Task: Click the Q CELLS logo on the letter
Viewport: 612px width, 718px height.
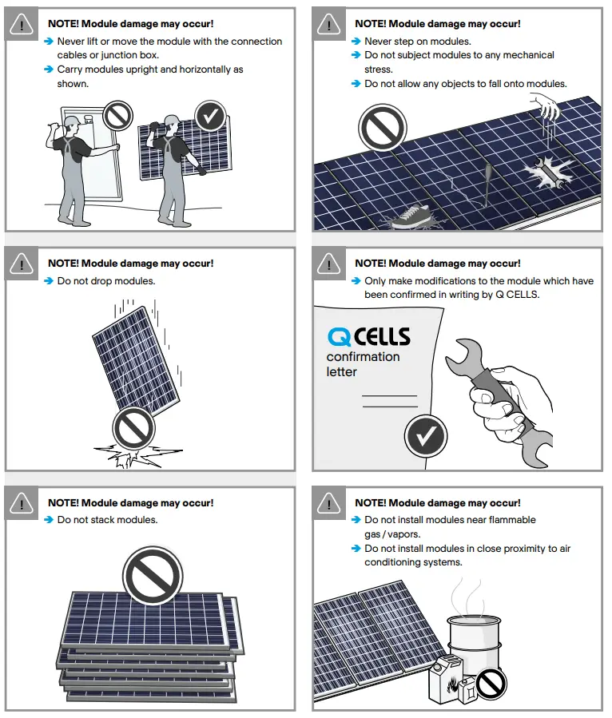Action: (x=368, y=335)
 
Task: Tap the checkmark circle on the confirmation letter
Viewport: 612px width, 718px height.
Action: (x=426, y=436)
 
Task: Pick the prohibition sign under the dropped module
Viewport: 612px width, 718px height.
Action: (x=133, y=429)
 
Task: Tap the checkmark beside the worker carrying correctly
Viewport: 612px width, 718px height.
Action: (x=210, y=117)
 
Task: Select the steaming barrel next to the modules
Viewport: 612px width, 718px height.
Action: (x=476, y=643)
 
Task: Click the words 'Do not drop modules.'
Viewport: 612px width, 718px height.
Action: (x=106, y=281)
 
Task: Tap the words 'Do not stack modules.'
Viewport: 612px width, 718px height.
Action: (x=107, y=520)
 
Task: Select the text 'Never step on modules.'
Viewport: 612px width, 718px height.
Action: (x=417, y=41)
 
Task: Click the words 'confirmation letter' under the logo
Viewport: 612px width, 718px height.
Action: (x=362, y=364)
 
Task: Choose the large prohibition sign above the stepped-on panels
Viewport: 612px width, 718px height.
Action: (x=383, y=128)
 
